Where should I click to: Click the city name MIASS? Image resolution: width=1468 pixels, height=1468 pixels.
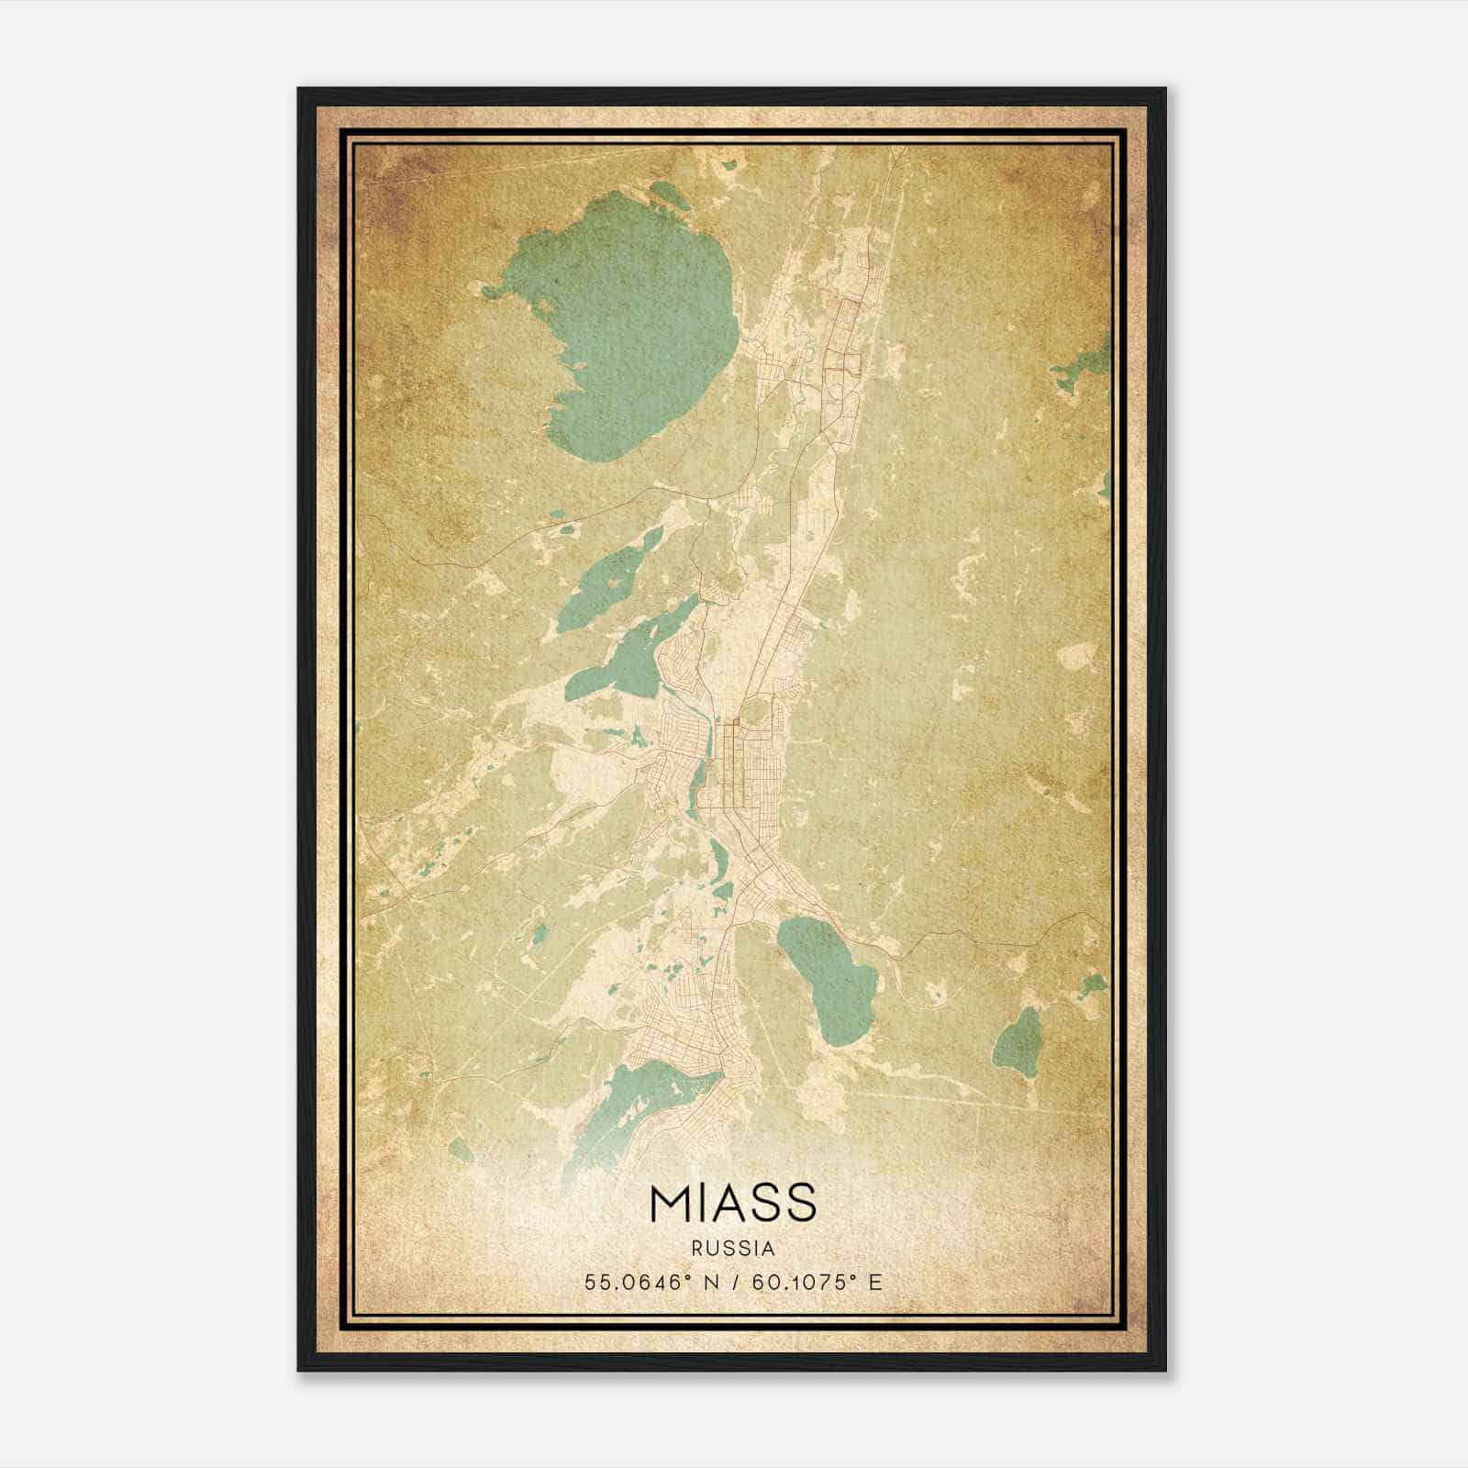[732, 1203]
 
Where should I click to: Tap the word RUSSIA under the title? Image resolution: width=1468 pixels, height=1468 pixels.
[733, 1249]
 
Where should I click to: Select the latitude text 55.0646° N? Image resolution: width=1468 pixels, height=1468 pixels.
[652, 1282]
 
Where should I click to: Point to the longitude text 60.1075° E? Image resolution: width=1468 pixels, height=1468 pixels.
[817, 1282]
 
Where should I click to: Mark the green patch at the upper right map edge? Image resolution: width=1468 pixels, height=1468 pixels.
[1083, 367]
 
